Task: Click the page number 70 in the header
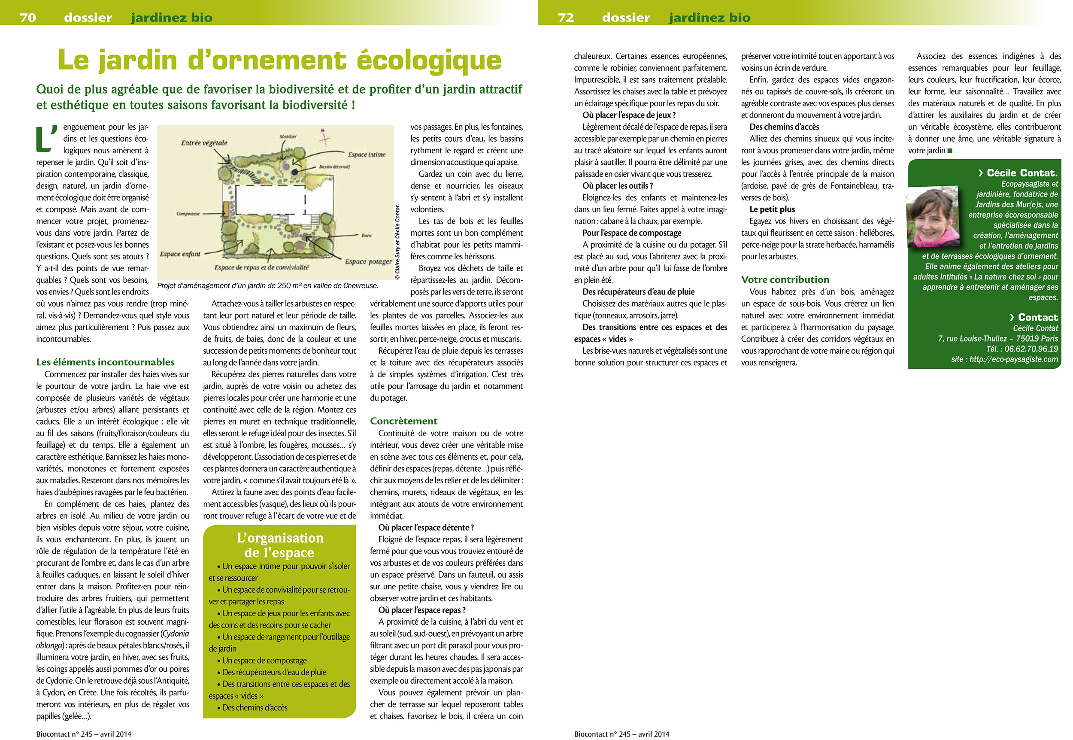(28, 18)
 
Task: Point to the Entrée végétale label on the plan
(204, 143)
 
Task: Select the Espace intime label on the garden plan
(367, 155)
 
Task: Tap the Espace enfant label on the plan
(180, 254)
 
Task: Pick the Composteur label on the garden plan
(188, 214)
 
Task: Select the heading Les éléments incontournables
(105, 362)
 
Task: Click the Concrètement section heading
(403, 421)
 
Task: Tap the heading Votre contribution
(785, 279)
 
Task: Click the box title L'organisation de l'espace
(279, 545)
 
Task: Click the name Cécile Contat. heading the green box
(1022, 173)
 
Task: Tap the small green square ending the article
(950, 151)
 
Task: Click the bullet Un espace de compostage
(264, 660)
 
